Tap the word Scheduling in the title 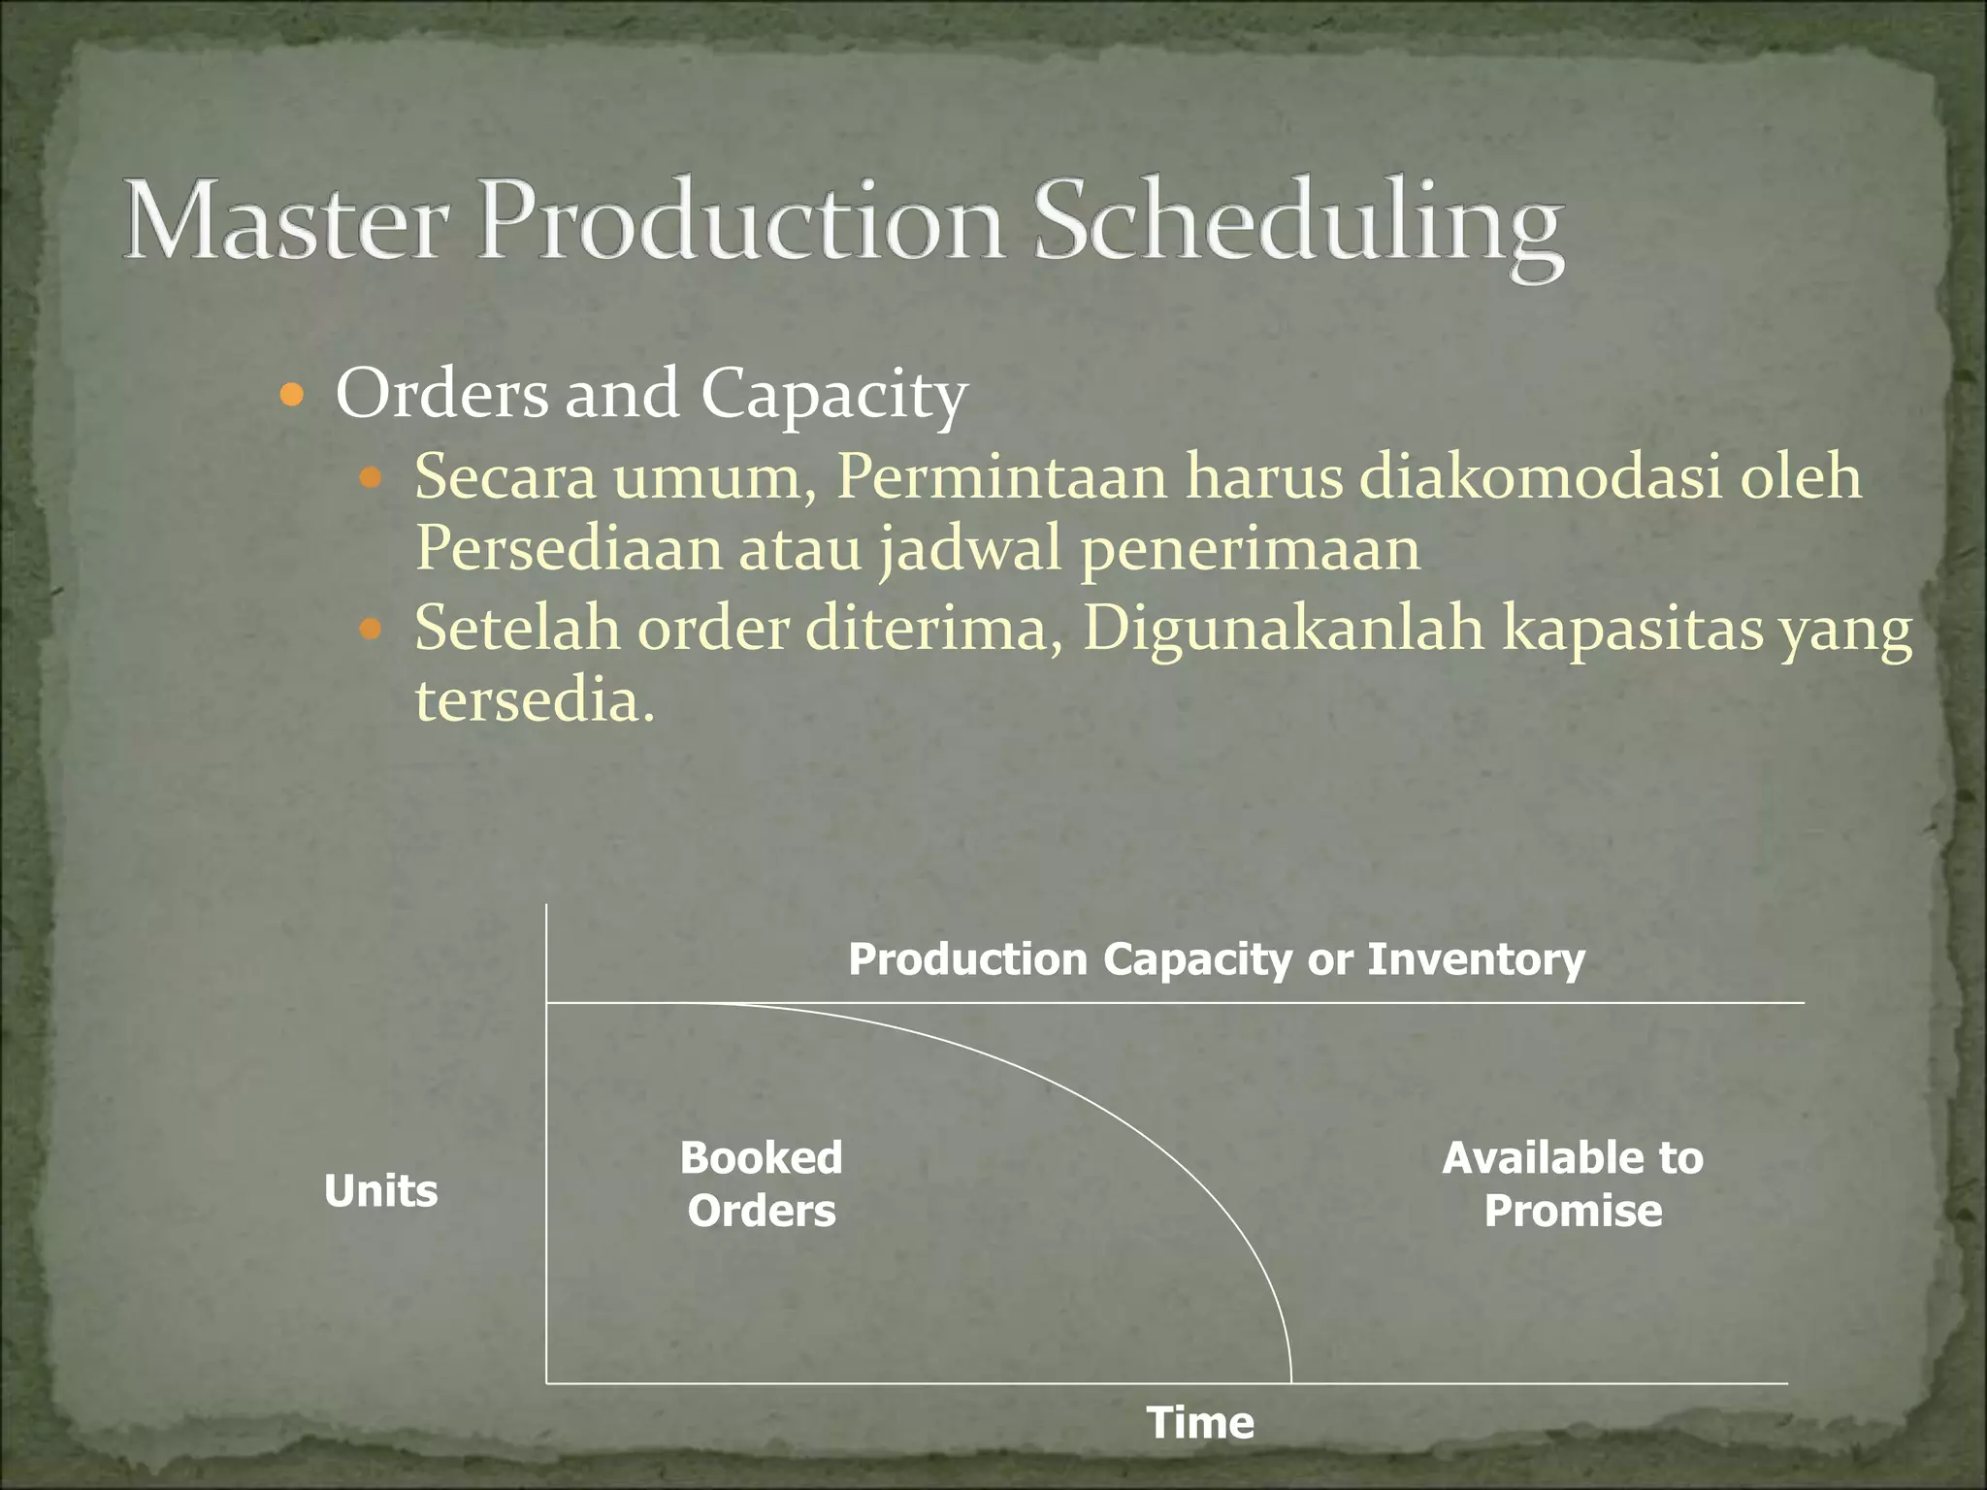1297,225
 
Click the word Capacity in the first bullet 833,396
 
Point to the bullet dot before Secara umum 371,477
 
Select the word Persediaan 569,548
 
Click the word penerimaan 1250,549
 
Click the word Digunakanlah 1283,628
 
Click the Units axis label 380,1190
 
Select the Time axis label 1200,1423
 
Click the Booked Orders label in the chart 762,1184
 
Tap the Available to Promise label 1572,1184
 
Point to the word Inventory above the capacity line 1476,959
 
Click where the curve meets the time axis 1290,1381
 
